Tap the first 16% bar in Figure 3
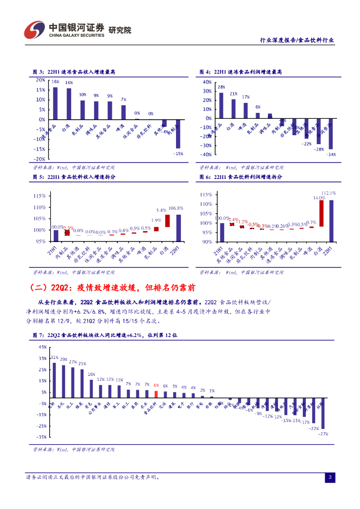55,103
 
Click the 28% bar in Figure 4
221,105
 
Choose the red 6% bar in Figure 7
156,394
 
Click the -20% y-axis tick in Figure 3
40,159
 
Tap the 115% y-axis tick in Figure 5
40,195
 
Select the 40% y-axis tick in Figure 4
207,82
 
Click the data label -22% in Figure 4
306,144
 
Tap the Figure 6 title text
241,177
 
